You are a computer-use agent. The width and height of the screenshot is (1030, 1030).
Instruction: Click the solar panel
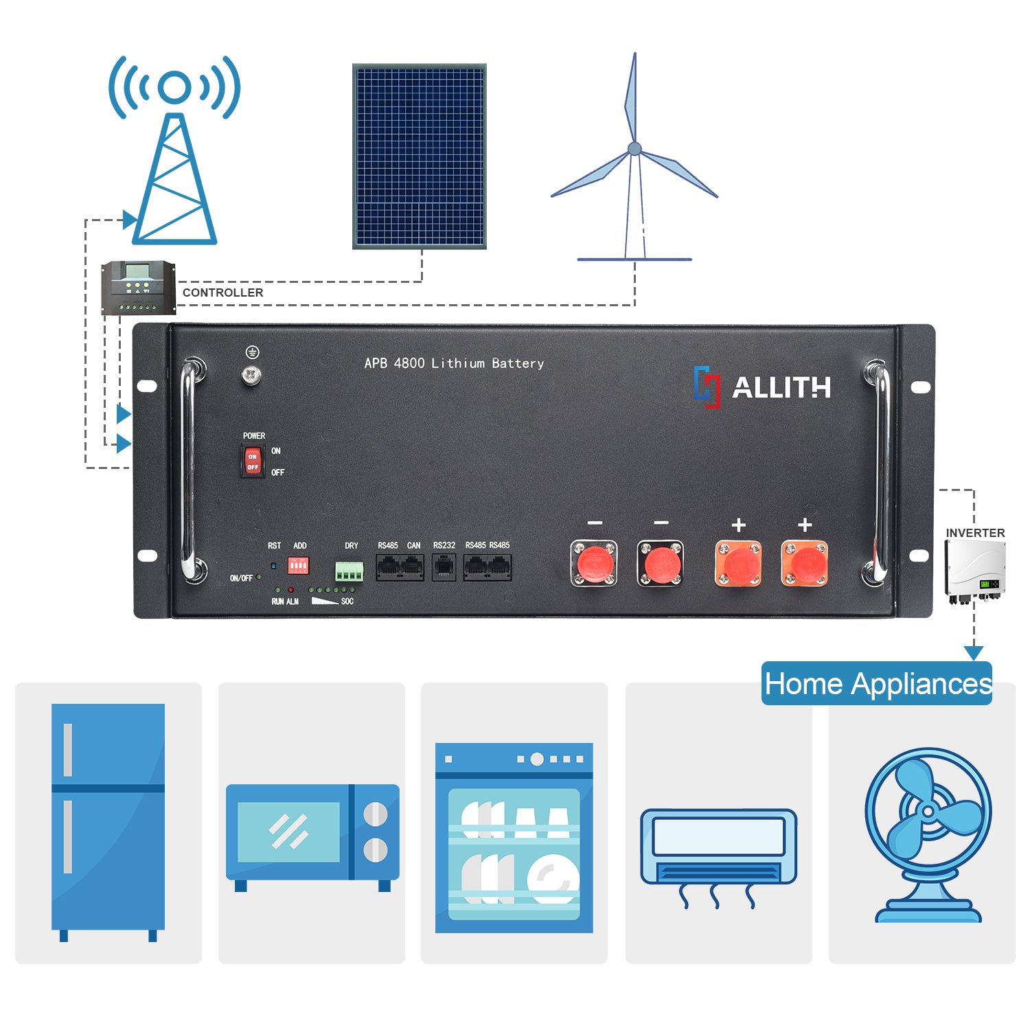point(420,157)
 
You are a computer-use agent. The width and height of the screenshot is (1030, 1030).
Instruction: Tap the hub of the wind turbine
point(635,148)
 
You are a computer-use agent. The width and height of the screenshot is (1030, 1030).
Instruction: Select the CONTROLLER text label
point(222,293)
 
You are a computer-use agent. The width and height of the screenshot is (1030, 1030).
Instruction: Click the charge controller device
point(138,288)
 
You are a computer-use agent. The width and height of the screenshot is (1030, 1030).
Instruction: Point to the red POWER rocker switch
point(253,461)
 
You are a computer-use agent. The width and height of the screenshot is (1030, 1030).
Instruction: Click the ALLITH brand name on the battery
point(781,387)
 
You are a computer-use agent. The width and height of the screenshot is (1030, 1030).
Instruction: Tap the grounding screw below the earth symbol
point(252,375)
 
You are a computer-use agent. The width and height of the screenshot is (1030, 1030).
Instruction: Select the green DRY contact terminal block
point(349,571)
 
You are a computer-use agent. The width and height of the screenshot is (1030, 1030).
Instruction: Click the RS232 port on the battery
point(444,568)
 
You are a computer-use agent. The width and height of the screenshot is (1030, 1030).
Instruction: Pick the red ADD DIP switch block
point(298,566)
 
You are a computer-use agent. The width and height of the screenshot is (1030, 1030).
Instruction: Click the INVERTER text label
point(975,533)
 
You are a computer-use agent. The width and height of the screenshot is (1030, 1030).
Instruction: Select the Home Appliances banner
point(878,684)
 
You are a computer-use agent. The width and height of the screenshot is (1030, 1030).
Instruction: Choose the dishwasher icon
point(514,838)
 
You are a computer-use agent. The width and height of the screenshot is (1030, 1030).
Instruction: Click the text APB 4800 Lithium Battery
point(454,363)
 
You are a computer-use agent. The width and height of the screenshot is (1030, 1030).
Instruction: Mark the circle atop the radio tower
point(174,87)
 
